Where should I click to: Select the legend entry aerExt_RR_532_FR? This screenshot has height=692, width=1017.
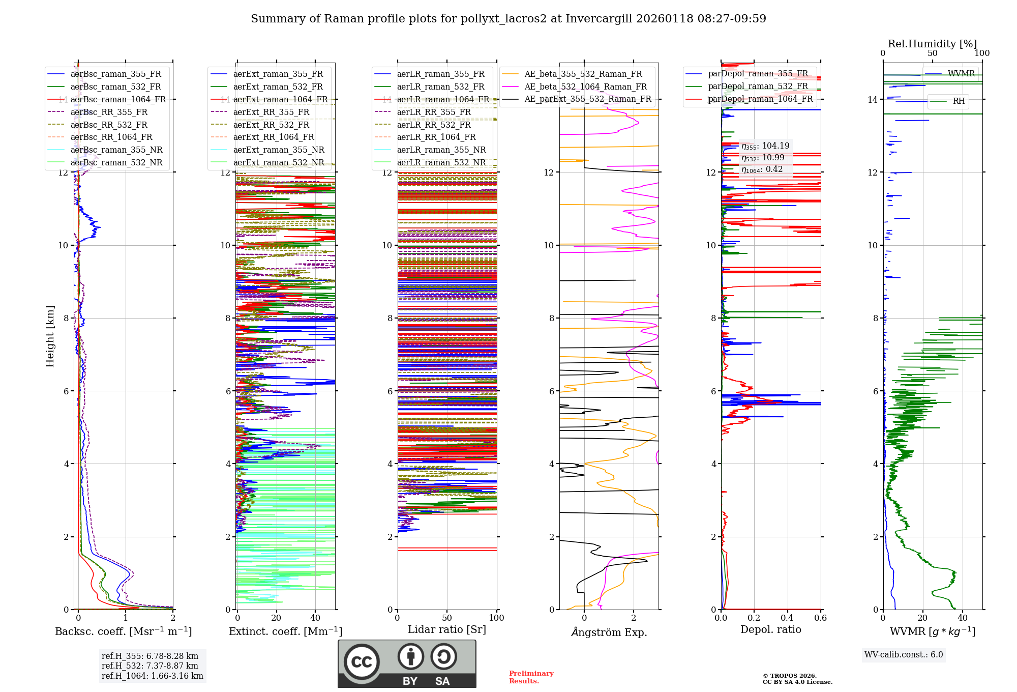pyautogui.click(x=271, y=125)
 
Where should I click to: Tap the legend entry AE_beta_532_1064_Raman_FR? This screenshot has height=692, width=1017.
pyautogui.click(x=585, y=86)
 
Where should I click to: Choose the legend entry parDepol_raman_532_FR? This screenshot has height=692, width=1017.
pyautogui.click(x=758, y=86)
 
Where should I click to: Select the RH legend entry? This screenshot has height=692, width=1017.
pyautogui.click(x=959, y=101)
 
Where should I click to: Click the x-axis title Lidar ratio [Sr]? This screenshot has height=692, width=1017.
pyautogui.click(x=447, y=629)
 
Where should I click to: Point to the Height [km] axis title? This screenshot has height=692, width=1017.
pyautogui.click(x=50, y=336)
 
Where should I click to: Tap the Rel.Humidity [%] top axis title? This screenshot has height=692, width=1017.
pyautogui.click(x=932, y=44)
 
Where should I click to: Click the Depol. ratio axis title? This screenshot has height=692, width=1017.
pyautogui.click(x=770, y=629)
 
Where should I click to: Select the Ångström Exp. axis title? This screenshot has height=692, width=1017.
pyautogui.click(x=609, y=632)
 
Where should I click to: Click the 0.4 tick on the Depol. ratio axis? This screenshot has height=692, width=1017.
pyautogui.click(x=787, y=618)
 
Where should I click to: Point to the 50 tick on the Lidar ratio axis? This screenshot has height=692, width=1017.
pyautogui.click(x=447, y=618)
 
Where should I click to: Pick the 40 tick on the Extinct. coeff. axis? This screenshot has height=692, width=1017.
pyautogui.click(x=315, y=618)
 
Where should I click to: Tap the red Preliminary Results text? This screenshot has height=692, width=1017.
pyautogui.click(x=531, y=677)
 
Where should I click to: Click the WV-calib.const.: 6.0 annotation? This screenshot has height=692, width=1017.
pyautogui.click(x=904, y=655)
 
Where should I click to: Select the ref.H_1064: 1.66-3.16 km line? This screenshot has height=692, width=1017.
pyautogui.click(x=152, y=676)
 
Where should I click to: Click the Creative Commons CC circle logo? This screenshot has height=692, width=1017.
pyautogui.click(x=362, y=661)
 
